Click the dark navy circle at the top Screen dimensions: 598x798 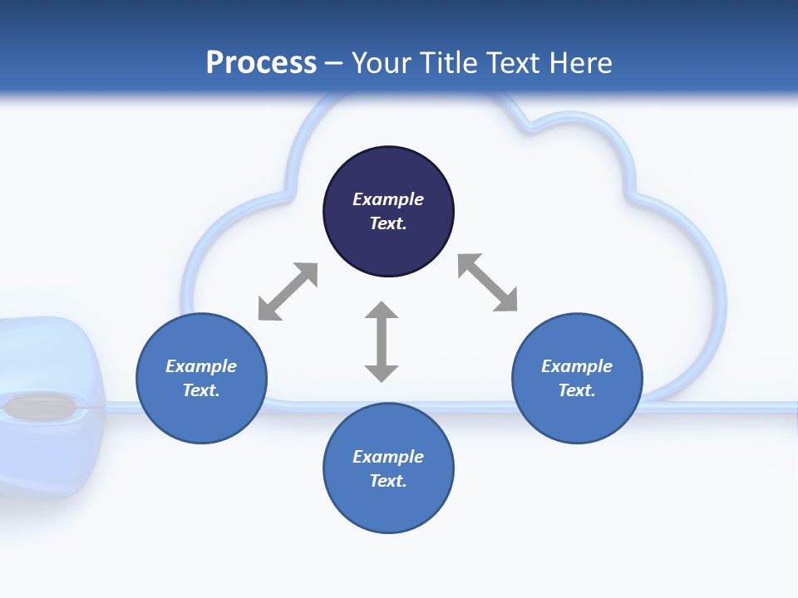388,211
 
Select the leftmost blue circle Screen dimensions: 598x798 201,378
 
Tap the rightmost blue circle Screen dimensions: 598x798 577,378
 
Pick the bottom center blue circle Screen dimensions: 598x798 388,468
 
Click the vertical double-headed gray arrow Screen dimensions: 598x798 382,341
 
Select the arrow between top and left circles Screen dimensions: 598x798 288,292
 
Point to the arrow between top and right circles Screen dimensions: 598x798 488,282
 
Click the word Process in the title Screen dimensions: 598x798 261,62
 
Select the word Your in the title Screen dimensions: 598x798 381,62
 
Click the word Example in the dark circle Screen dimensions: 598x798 388,199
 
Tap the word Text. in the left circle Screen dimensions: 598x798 201,390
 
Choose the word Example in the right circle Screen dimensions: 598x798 577,366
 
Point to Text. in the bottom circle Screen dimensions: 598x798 388,481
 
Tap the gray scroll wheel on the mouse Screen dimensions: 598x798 37,408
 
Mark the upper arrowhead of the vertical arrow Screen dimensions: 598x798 382,310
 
